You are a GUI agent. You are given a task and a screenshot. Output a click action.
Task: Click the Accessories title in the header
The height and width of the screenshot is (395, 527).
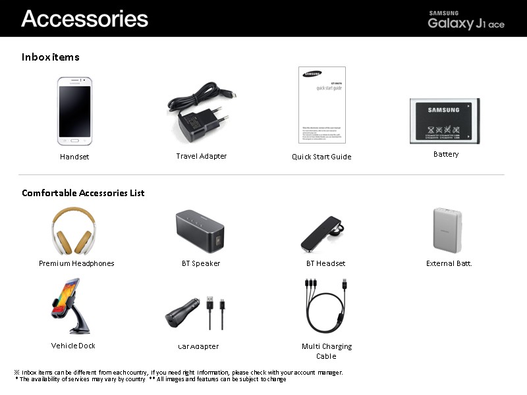pyautogui.click(x=84, y=18)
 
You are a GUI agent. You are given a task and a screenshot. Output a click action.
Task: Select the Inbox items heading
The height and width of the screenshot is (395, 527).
pyautogui.click(x=51, y=57)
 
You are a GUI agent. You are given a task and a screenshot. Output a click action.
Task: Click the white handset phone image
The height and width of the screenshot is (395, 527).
pyautogui.click(x=74, y=111)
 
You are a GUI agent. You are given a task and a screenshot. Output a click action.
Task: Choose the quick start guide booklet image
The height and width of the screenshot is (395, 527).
pyautogui.click(x=321, y=105)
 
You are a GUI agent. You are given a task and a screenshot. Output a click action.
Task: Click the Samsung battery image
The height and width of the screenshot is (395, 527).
pyautogui.click(x=444, y=121)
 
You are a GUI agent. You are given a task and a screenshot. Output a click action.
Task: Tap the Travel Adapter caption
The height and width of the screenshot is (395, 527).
pyautogui.click(x=202, y=156)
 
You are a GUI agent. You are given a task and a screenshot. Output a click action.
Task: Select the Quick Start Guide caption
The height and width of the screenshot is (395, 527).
pyautogui.click(x=321, y=157)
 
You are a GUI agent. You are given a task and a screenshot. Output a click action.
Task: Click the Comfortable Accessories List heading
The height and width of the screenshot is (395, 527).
pyautogui.click(x=83, y=193)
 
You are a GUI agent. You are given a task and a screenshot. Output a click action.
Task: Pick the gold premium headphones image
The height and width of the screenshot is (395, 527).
pyautogui.click(x=73, y=231)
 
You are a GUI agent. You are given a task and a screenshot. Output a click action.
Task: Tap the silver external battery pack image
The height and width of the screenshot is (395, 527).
pyautogui.click(x=447, y=230)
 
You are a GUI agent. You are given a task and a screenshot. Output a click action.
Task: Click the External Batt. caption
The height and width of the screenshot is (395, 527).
pyautogui.click(x=449, y=263)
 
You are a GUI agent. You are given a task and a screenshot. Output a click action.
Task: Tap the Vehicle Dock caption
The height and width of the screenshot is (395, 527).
pyautogui.click(x=73, y=346)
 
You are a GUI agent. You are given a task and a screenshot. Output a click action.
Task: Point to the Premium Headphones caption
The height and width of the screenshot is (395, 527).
pyautogui.click(x=76, y=263)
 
